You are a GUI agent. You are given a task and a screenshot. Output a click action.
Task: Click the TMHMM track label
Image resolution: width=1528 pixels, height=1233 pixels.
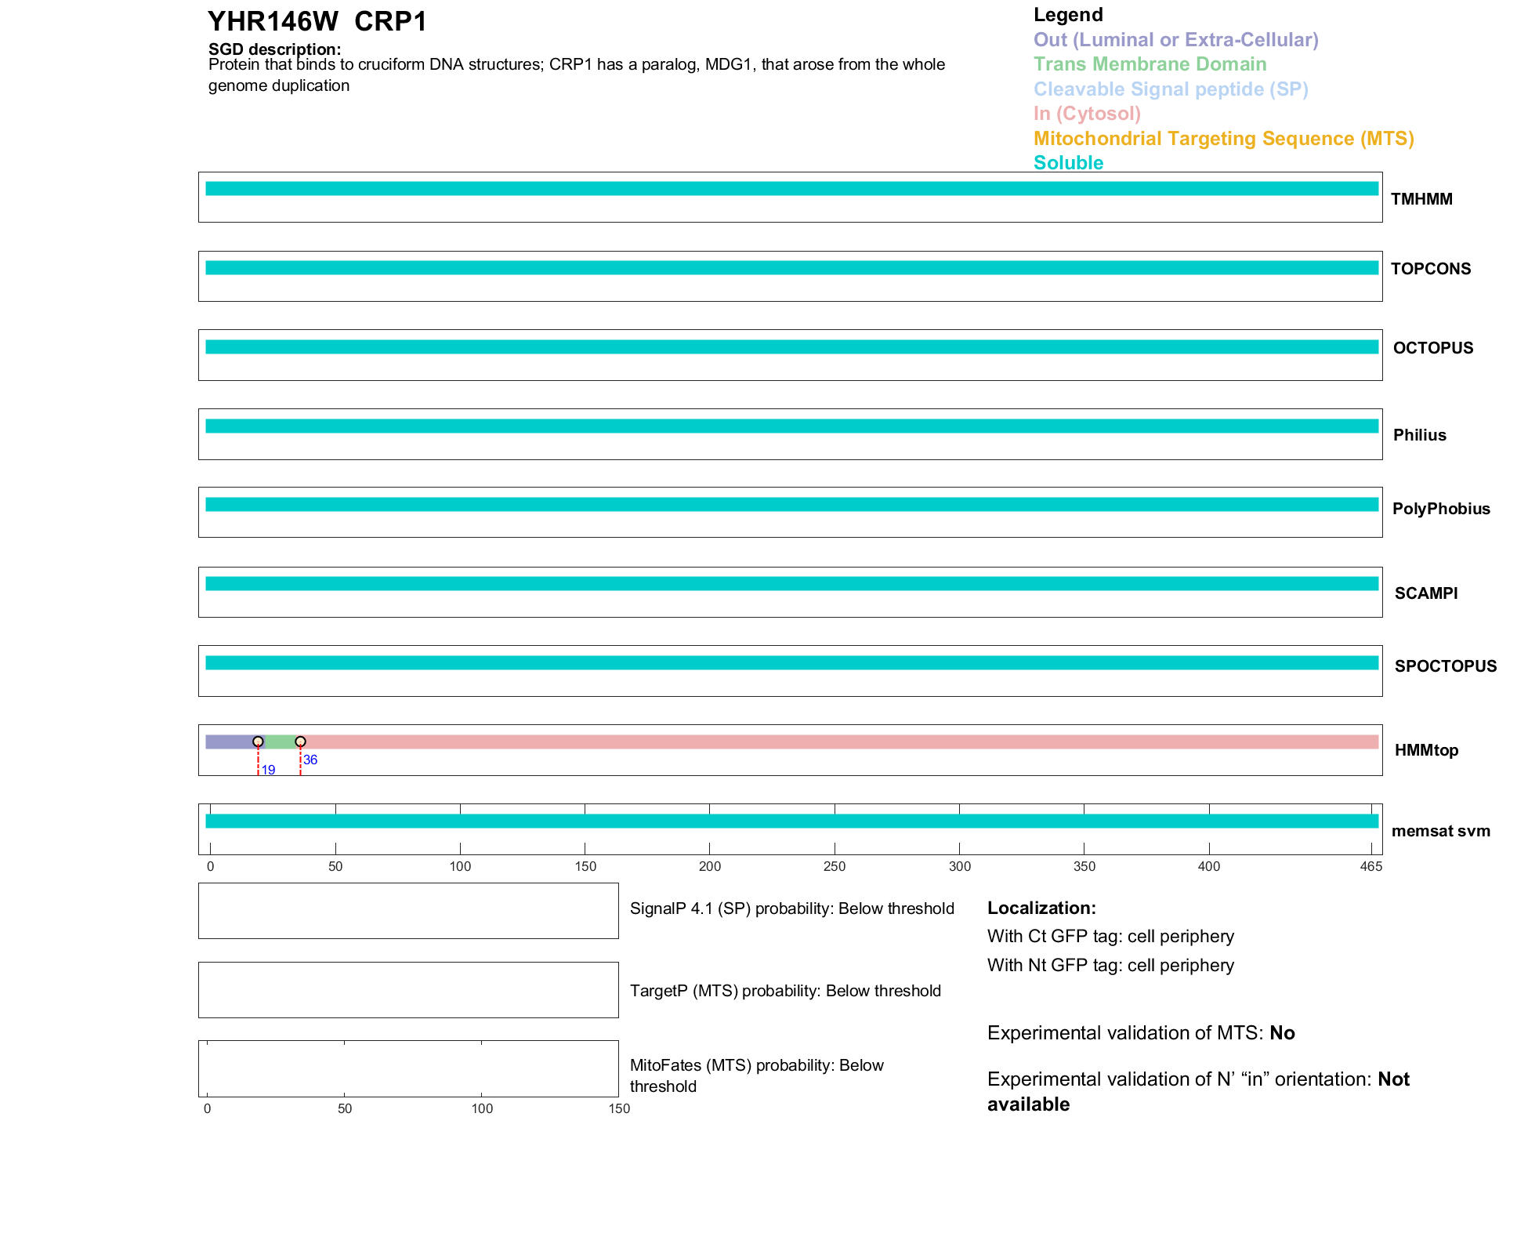coord(1421,199)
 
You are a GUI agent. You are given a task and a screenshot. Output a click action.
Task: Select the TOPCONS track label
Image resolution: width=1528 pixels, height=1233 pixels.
coord(1430,269)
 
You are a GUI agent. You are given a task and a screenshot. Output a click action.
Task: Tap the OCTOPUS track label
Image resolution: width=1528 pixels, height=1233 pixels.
coord(1432,348)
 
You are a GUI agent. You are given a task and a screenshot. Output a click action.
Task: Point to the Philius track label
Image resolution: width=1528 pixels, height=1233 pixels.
coord(1419,435)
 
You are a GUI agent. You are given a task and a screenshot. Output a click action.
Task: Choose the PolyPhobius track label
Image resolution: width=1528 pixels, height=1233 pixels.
coord(1440,509)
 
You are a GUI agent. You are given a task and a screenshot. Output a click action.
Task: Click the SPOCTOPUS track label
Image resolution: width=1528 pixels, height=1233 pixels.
coord(1445,666)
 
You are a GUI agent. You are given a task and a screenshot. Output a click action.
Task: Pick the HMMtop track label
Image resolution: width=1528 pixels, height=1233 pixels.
coord(1426,750)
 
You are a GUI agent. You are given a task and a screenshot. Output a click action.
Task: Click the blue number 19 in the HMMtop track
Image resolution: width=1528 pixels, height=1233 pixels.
coord(268,771)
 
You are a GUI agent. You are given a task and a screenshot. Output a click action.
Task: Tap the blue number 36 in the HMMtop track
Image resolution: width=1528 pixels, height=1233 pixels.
coord(310,760)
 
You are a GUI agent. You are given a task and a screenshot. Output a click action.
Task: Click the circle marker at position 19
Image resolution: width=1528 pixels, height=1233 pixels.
coord(258,742)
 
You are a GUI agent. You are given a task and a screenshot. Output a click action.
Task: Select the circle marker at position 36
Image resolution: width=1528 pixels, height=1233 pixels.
coord(300,742)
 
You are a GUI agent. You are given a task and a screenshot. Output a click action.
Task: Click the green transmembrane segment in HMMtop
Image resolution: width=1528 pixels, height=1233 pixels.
coord(280,742)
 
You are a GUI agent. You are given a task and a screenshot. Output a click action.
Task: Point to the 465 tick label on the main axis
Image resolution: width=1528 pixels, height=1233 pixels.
coord(1370,866)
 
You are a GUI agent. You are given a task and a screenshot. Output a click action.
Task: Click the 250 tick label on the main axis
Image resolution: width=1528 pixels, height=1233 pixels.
coord(835,866)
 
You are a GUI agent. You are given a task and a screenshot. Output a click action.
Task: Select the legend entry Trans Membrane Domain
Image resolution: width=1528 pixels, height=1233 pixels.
coord(1150,64)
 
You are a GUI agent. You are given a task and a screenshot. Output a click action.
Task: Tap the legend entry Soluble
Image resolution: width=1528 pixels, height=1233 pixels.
coord(1068,163)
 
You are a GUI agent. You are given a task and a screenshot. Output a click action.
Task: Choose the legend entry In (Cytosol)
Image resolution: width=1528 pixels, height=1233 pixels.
coord(1087,114)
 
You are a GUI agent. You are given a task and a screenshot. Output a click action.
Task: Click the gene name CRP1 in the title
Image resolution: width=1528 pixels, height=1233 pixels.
coord(390,22)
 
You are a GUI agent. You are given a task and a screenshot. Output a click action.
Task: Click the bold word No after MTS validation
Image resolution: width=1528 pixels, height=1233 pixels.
coord(1282,1033)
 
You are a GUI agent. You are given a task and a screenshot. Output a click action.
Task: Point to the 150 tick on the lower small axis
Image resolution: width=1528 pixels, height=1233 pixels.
coord(619,1108)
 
